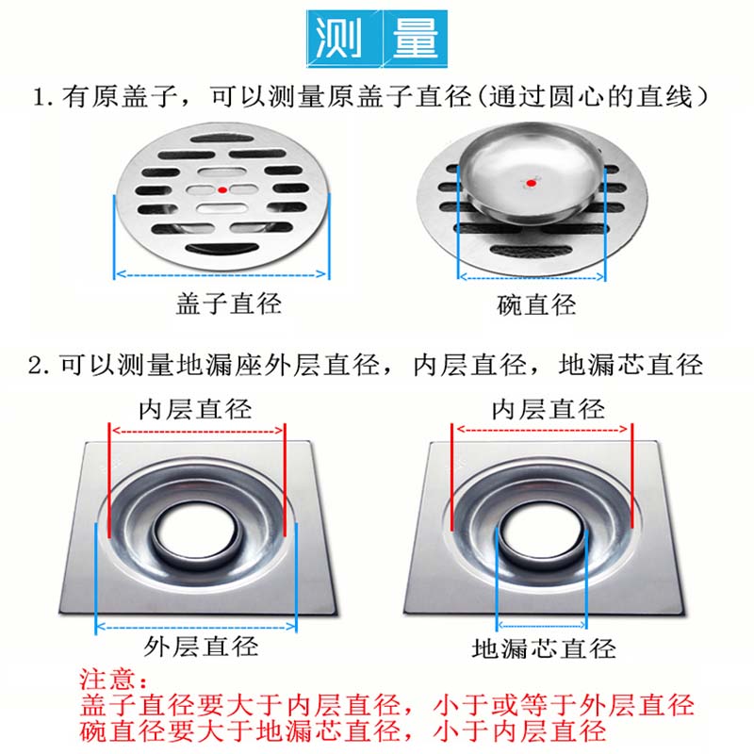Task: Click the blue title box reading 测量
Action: click(x=377, y=39)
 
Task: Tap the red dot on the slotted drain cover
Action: click(x=222, y=190)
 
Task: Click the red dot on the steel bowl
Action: click(x=531, y=183)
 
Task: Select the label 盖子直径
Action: click(x=228, y=303)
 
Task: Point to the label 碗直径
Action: click(x=536, y=304)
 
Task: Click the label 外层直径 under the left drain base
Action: click(x=201, y=647)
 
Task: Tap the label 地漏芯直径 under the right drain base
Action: click(x=544, y=648)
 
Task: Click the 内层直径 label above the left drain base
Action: click(x=195, y=410)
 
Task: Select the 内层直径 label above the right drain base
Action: click(x=548, y=410)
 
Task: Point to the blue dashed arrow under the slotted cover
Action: click(x=221, y=274)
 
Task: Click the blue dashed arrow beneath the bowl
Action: click(x=532, y=277)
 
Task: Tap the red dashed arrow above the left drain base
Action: click(x=197, y=431)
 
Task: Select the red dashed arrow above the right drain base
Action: click(x=543, y=429)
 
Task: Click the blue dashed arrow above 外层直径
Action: click(x=196, y=627)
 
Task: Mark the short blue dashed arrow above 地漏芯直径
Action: click(x=541, y=625)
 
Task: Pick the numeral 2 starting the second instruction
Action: click(x=35, y=366)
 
